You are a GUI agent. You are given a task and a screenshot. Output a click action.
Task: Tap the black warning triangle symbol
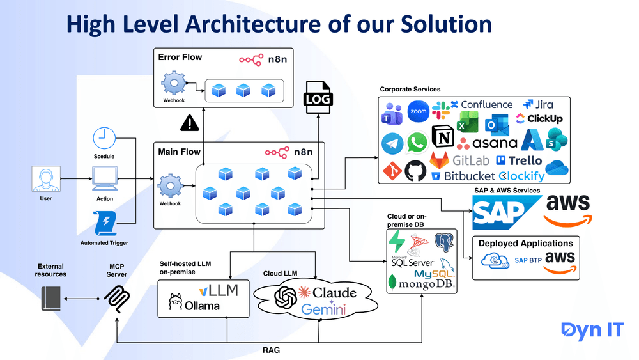click(190, 122)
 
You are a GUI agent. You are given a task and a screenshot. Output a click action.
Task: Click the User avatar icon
click(45, 179)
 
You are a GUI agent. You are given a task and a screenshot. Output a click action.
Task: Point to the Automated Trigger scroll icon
click(104, 224)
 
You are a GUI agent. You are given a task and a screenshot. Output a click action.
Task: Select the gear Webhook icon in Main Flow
click(170, 186)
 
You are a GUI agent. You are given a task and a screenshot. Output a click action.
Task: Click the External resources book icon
click(51, 299)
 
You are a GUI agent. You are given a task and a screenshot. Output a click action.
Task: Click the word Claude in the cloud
click(334, 293)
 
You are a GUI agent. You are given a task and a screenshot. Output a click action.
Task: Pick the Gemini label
click(323, 309)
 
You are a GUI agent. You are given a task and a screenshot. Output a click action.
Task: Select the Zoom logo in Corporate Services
click(418, 111)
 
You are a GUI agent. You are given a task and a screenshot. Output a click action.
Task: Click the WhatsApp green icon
click(417, 141)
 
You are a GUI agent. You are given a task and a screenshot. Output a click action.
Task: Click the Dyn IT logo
click(592, 330)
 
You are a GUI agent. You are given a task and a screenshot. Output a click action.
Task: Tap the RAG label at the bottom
click(271, 350)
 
